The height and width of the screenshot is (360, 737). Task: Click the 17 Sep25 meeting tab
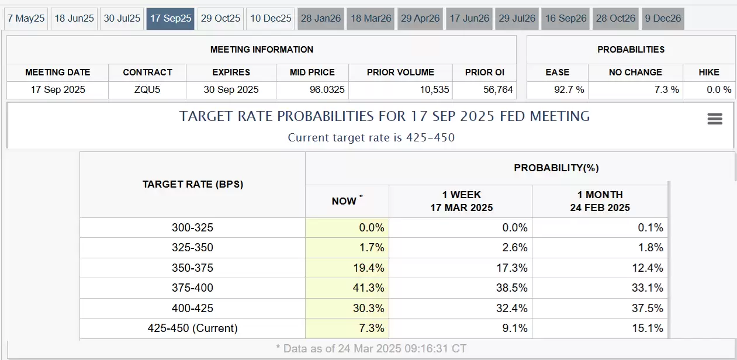click(x=171, y=19)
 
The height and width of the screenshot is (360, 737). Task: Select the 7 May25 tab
click(x=26, y=19)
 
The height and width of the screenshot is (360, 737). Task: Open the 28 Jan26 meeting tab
click(x=321, y=19)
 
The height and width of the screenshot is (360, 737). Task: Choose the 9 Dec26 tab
click(x=663, y=19)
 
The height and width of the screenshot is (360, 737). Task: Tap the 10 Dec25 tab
click(x=271, y=19)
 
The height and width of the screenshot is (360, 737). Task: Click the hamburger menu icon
click(x=715, y=119)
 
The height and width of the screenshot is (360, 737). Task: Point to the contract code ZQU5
click(x=147, y=89)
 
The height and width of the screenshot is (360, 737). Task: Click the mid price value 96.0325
click(x=327, y=89)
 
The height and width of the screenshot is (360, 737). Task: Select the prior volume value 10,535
click(x=434, y=89)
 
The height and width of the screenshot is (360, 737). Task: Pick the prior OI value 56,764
click(x=498, y=89)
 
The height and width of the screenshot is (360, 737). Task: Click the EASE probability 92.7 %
click(x=569, y=89)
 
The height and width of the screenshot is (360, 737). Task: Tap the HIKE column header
click(x=709, y=72)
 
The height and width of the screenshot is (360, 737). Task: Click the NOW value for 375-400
click(x=368, y=288)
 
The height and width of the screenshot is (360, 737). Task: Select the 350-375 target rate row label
click(x=192, y=268)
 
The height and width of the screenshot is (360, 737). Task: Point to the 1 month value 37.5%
click(x=647, y=309)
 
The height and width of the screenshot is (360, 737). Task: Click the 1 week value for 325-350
click(x=514, y=247)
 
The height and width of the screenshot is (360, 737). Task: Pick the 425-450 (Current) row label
click(x=192, y=328)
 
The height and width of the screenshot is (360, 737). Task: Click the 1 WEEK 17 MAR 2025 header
click(x=462, y=201)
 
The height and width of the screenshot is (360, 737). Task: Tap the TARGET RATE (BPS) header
click(x=192, y=184)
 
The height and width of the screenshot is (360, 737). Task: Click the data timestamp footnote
click(x=371, y=348)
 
